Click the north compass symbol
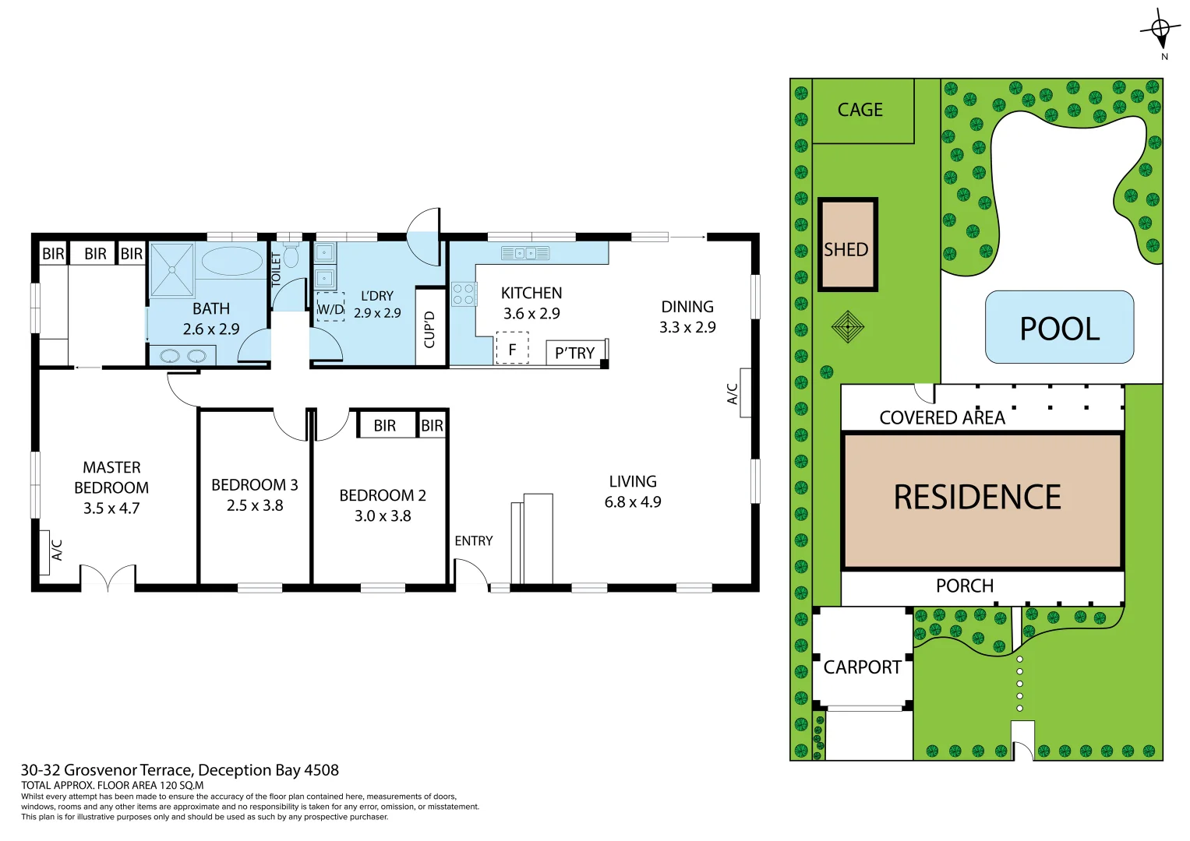click(x=1160, y=30)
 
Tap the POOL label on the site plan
click(x=1059, y=329)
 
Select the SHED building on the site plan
click(x=847, y=245)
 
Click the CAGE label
click(x=860, y=111)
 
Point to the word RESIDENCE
click(x=977, y=498)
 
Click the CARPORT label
click(x=862, y=667)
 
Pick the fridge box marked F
click(x=512, y=349)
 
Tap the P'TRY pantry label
click(x=574, y=354)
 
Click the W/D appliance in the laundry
click(x=330, y=308)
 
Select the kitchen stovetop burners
click(x=464, y=294)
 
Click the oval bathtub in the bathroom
click(x=232, y=262)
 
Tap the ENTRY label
click(x=474, y=541)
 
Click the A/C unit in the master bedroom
click(x=56, y=550)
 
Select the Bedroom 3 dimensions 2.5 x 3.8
click(x=255, y=505)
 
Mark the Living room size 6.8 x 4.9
click(x=633, y=502)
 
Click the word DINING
click(x=687, y=307)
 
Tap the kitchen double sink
click(x=525, y=253)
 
